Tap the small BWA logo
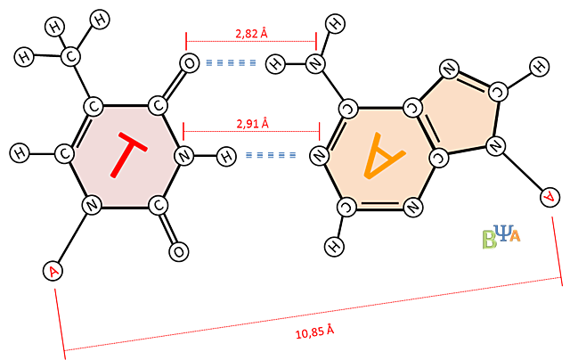pos(501,236)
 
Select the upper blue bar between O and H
pos(232,62)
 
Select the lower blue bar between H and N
pos(270,155)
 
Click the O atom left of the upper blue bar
pos(190,63)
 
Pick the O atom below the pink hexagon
pos(179,252)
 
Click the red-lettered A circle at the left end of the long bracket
pos(54,270)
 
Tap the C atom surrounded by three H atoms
pos(70,57)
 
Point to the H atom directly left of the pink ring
pos(20,153)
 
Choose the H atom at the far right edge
pos(539,66)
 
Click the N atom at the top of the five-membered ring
pos(449,68)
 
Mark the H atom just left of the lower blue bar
pos(227,157)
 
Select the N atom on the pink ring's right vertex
pos(183,156)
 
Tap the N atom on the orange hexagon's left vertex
pos(319,156)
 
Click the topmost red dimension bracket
pos(250,38)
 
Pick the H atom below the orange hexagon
pos(334,246)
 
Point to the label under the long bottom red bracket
pos(314,331)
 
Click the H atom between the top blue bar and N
pos(276,63)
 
